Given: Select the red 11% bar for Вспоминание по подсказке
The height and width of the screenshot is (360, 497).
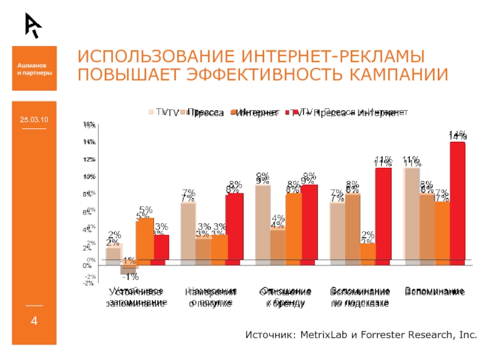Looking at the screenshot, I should (383, 213).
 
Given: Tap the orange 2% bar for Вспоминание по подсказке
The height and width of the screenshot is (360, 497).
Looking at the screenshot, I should (368, 251).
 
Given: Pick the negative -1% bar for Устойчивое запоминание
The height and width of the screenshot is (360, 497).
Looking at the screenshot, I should (129, 267).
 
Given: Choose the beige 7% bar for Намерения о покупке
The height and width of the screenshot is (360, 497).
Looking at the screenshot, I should (188, 231).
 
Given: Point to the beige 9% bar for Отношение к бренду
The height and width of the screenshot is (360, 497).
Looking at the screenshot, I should (263, 222).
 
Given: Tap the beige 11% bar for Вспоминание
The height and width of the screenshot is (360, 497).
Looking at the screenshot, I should (411, 213).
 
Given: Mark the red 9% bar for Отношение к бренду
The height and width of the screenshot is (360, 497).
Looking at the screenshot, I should (309, 222).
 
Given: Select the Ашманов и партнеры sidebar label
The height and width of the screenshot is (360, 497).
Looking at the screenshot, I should (34, 68).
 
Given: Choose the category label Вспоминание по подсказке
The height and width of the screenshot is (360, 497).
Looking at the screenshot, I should (360, 297).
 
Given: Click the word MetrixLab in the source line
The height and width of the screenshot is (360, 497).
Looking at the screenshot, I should (324, 335).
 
